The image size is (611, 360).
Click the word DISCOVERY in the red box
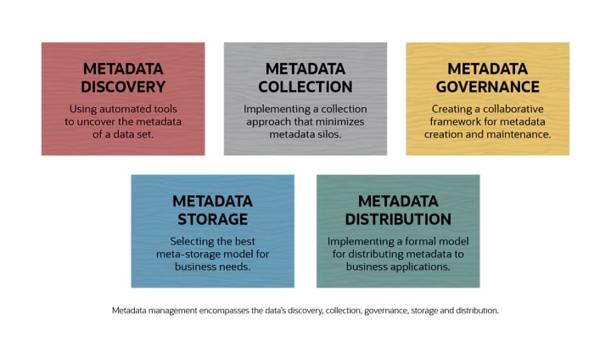click(x=123, y=87)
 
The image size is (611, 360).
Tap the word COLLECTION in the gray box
click(x=305, y=87)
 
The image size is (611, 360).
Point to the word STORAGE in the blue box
click(x=212, y=220)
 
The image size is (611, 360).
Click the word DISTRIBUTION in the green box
click(x=397, y=220)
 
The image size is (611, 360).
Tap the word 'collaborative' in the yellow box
click(x=510, y=109)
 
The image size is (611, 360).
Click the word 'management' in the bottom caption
click(x=187, y=311)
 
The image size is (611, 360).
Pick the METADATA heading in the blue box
click(x=212, y=201)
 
